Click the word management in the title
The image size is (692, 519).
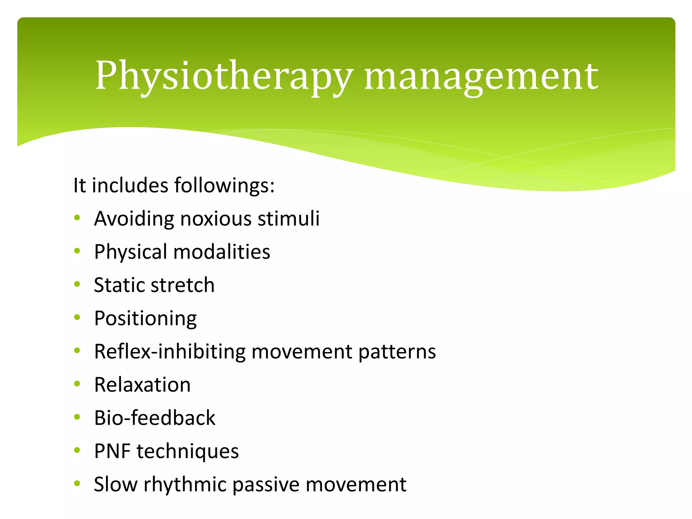point(481,76)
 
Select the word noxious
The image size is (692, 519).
point(216,219)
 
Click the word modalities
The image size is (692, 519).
point(222,252)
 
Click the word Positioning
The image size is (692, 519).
point(145,319)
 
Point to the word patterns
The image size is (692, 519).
point(397,352)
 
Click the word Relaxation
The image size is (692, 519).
point(142,385)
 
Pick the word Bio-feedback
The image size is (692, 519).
point(154,418)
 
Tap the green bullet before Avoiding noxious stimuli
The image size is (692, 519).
point(77,218)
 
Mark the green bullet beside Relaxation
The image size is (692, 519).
point(77,384)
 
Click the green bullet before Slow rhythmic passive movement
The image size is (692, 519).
point(77,484)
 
